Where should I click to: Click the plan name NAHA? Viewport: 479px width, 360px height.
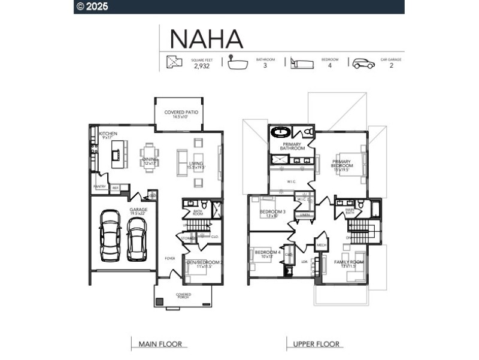tap(207, 38)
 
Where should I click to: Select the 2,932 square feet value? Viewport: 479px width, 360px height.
tap(202, 66)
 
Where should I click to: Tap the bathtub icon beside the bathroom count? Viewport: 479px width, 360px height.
tap(238, 63)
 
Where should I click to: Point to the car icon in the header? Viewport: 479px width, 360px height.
tap(363, 63)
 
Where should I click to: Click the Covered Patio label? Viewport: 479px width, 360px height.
tap(181, 112)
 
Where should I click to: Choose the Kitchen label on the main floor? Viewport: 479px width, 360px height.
tap(108, 134)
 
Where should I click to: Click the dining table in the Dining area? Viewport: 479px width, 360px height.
tap(149, 157)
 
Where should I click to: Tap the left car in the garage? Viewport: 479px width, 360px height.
tap(110, 234)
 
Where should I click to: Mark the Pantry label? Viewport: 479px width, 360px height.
tap(99, 187)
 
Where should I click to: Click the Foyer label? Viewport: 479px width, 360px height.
tap(170, 258)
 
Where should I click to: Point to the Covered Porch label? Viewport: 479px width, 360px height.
tap(183, 296)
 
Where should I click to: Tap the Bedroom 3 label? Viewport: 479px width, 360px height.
tap(272, 212)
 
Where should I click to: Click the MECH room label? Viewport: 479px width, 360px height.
tap(321, 245)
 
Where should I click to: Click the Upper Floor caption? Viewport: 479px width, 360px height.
tap(316, 344)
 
